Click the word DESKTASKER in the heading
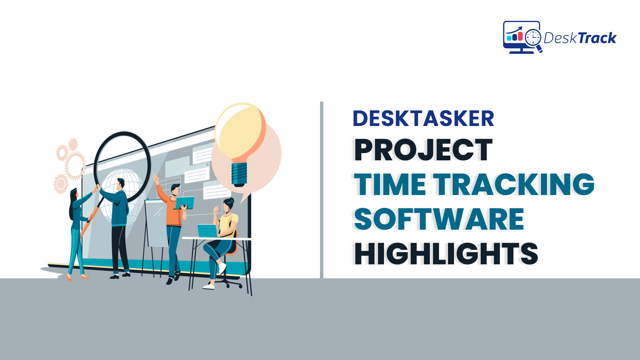coord(423,119)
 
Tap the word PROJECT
coord(423,150)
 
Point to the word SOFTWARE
coord(439,219)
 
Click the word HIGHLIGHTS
coord(446,254)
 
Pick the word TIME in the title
coord(390,184)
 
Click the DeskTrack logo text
coord(580,38)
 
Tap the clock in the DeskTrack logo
coord(533,37)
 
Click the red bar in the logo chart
coord(520,36)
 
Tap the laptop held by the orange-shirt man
coord(185,203)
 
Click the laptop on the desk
coord(207,231)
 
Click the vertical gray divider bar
coord(322,190)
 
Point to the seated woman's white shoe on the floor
coord(209,286)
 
